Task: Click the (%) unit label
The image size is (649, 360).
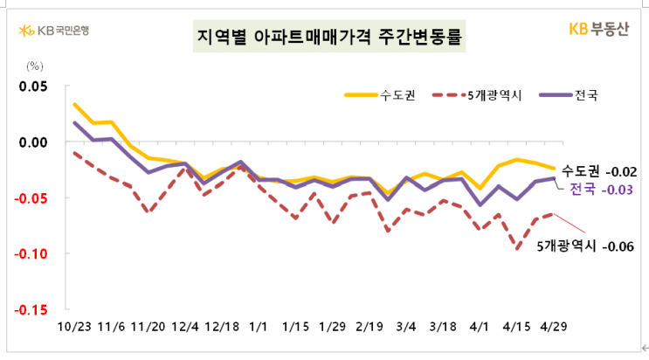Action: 35,66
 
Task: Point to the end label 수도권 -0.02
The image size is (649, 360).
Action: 594,170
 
